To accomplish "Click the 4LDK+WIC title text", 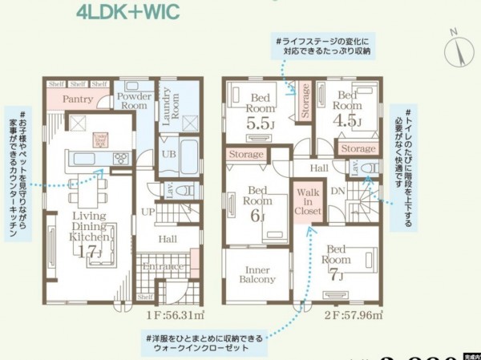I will pos(129,12).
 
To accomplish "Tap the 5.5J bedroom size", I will pos(261,124).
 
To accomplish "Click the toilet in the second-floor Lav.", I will pos(368,168).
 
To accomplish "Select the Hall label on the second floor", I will pos(319,168).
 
